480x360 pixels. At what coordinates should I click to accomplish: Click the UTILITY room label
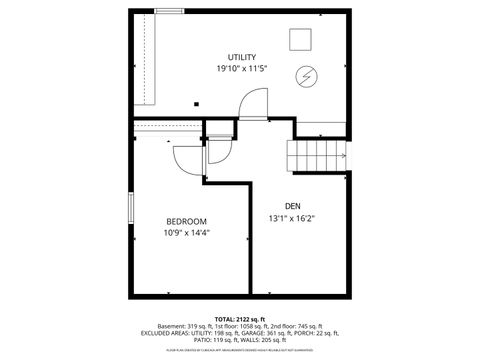(x=241, y=57)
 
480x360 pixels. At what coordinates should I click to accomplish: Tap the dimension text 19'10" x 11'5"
(x=241, y=69)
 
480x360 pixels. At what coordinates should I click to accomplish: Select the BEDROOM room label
(x=186, y=221)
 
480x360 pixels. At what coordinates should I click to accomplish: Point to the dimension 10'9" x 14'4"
(x=186, y=233)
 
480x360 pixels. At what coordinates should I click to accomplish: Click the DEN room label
(x=291, y=206)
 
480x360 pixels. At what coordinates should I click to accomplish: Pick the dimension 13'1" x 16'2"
(x=291, y=218)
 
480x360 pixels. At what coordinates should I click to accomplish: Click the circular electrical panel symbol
(x=305, y=76)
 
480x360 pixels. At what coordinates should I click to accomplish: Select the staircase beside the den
(x=317, y=156)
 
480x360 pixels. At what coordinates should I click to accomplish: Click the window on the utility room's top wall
(x=169, y=11)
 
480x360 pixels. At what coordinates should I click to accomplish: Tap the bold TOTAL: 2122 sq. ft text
(x=240, y=318)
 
